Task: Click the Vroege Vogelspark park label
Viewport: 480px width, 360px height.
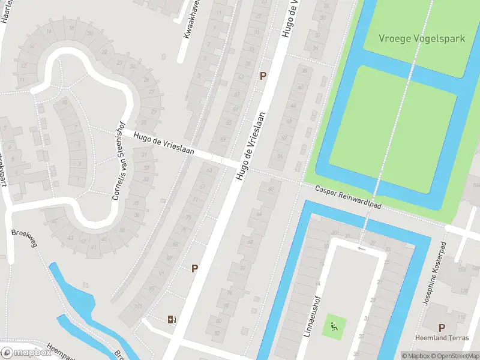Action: click(422, 38)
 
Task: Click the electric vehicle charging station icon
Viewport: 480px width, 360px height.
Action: click(172, 319)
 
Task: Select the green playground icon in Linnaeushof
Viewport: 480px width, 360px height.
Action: click(334, 327)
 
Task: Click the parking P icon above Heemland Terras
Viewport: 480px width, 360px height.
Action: click(442, 328)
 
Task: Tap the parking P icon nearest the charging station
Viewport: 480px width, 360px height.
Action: click(194, 268)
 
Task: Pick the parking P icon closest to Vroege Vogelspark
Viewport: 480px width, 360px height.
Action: click(262, 76)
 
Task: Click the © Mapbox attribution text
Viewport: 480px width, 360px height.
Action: click(415, 356)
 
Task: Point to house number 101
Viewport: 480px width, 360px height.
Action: click(139, 305)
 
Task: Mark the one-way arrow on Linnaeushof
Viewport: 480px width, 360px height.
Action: click(361, 248)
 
